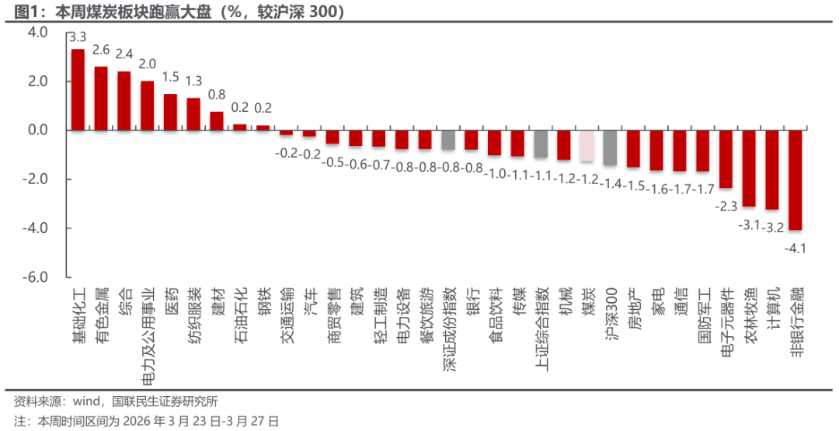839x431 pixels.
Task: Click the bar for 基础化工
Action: click(x=78, y=89)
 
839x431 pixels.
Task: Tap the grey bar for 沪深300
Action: click(x=610, y=148)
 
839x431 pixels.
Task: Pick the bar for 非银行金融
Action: click(x=795, y=179)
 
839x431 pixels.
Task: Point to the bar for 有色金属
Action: click(x=101, y=98)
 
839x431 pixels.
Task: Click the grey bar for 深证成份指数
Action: click(x=448, y=140)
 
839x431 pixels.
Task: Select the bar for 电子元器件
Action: click(x=726, y=158)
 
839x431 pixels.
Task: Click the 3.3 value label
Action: click(x=78, y=36)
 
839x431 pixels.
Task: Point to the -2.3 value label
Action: click(x=726, y=207)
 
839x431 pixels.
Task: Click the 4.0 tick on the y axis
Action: click(x=37, y=33)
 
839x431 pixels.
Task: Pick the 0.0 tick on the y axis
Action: click(x=37, y=130)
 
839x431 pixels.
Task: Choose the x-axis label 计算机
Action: click(x=772, y=309)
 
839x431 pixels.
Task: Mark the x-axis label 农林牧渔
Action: click(x=749, y=314)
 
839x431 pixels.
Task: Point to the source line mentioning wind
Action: click(x=117, y=401)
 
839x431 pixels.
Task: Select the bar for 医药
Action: click(x=171, y=112)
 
